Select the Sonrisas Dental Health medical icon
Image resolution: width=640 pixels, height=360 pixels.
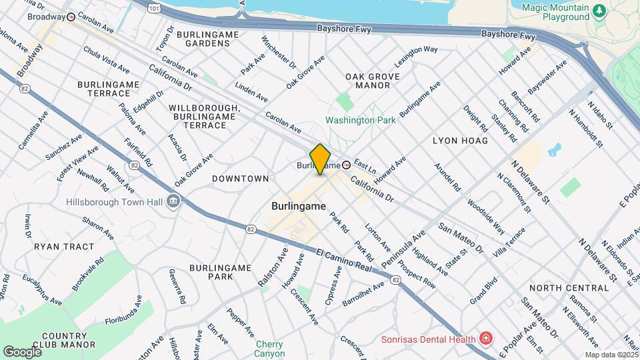point(485,339)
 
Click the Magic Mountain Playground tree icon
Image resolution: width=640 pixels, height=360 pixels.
point(599,10)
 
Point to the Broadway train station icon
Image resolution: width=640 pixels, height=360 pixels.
point(71,18)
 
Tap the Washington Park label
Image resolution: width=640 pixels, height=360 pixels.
point(360,120)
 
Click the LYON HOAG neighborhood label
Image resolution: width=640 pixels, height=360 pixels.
point(460,141)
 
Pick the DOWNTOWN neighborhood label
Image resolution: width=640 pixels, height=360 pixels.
point(240,179)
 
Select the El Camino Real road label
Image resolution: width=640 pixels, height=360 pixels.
point(343,260)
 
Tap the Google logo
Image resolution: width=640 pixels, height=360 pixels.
point(22,351)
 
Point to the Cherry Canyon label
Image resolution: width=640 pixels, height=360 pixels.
point(270,349)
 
